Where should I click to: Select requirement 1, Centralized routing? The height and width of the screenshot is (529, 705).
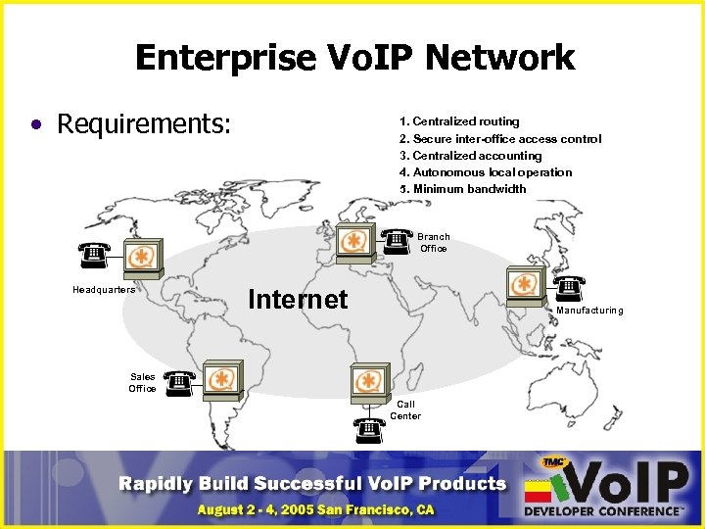[x=459, y=121]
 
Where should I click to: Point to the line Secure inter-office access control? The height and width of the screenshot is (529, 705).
[x=500, y=139]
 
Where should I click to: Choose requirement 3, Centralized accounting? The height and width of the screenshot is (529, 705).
[x=470, y=156]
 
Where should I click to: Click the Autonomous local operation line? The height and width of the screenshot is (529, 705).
[x=486, y=172]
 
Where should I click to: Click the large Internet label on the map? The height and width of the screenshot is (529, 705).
[x=298, y=299]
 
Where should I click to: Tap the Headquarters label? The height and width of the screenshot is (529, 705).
[x=104, y=289]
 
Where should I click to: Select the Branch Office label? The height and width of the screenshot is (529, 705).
[x=434, y=242]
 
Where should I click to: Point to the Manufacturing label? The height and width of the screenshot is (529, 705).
[x=589, y=311]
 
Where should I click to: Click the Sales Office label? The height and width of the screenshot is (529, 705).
[x=143, y=382]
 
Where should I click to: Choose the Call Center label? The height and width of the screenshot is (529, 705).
[x=405, y=409]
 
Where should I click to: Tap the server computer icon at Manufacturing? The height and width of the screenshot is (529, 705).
[x=527, y=283]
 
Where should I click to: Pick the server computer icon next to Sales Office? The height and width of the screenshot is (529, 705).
[x=222, y=378]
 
